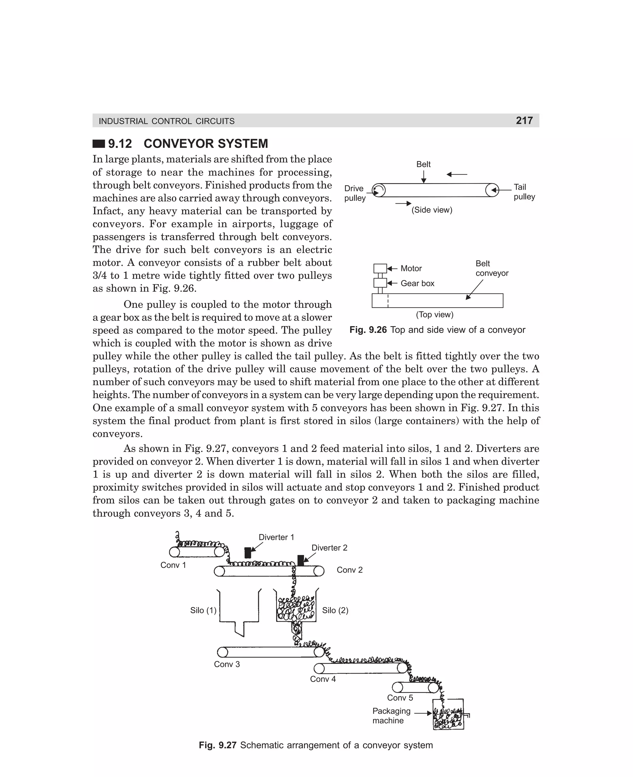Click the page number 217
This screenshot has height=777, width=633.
(524, 120)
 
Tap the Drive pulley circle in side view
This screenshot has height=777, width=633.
(379, 190)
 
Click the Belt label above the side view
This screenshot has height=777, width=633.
(423, 164)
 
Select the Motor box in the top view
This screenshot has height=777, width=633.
(380, 268)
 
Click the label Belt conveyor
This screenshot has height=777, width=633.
(491, 268)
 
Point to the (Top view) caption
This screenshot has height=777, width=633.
(435, 314)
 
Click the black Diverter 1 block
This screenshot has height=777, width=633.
(248, 552)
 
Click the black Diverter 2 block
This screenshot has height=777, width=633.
(300, 560)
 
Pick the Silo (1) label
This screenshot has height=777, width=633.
(203, 610)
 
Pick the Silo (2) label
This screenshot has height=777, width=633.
(335, 610)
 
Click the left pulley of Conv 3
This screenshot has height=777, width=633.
(223, 652)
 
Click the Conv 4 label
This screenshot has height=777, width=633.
(323, 679)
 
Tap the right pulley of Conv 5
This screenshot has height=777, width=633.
(433, 687)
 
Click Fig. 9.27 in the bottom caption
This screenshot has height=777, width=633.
(218, 745)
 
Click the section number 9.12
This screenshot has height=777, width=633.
(120, 144)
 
